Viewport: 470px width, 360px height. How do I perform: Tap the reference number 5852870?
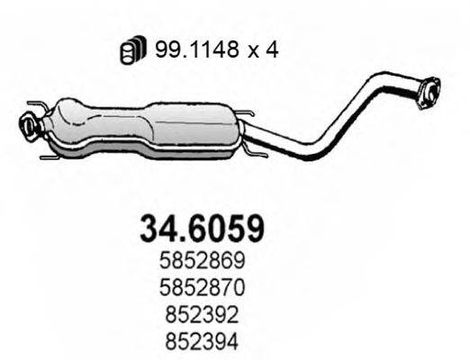click(x=203, y=285)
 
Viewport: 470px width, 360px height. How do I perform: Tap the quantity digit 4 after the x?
click(x=271, y=50)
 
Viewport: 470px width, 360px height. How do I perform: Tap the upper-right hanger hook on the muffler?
click(x=249, y=113)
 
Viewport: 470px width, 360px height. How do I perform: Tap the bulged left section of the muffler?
click(x=86, y=121)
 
